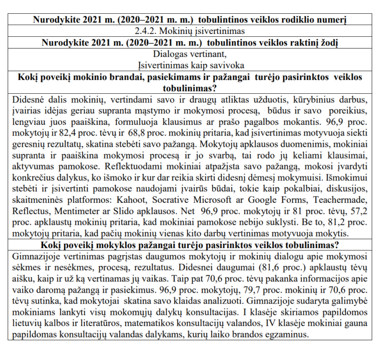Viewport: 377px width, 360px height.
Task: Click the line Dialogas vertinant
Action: click(x=189, y=54)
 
